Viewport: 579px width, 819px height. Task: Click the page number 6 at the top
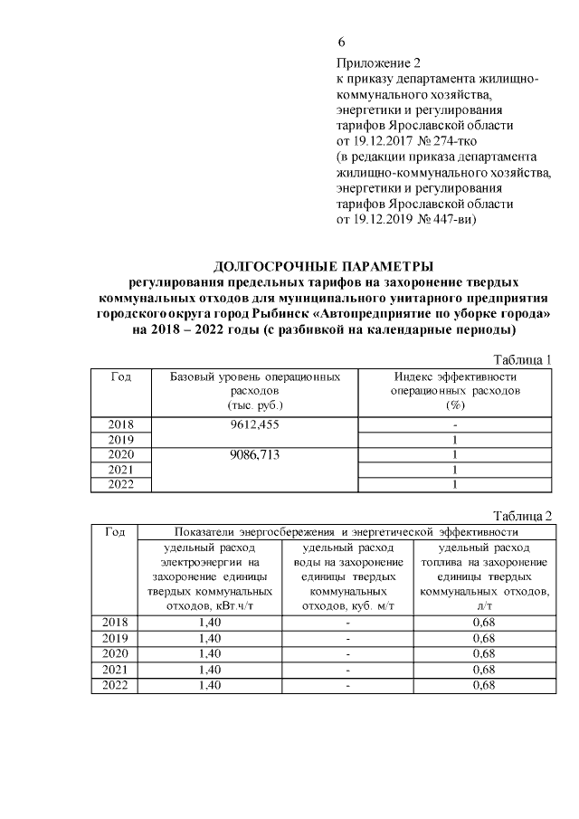pyautogui.click(x=341, y=43)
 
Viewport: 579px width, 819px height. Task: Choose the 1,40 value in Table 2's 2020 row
pyautogui.click(x=210, y=653)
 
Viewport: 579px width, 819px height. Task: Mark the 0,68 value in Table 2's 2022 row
pyautogui.click(x=483, y=684)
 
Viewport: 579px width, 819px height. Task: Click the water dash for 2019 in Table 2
pyautogui.click(x=347, y=638)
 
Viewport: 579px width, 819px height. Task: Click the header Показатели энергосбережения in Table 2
pyautogui.click(x=344, y=531)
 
